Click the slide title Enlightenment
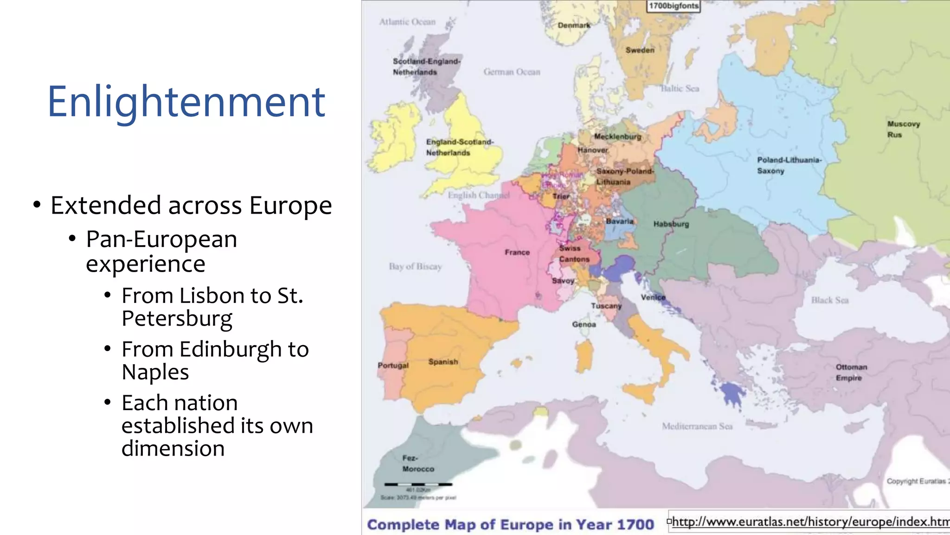click(186, 102)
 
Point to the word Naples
click(155, 372)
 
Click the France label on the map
click(517, 252)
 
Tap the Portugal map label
click(393, 365)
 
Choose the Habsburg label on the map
click(671, 224)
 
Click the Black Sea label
click(829, 300)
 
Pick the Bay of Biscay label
click(415, 267)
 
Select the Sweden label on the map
click(640, 50)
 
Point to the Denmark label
click(574, 26)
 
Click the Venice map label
click(653, 297)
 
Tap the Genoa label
click(584, 324)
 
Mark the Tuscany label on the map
click(606, 306)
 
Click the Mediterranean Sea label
click(697, 426)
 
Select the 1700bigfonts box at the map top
click(673, 6)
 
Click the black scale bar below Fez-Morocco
click(418, 484)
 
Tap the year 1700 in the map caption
click(635, 525)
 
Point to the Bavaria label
click(619, 222)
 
